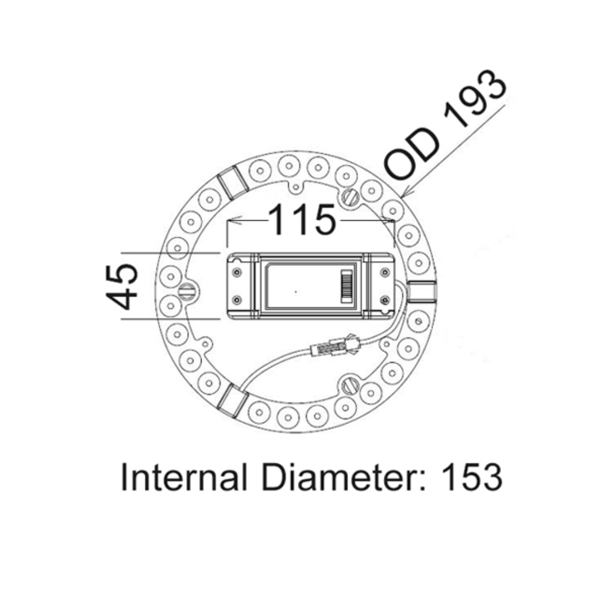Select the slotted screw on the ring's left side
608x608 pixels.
pos(187,291)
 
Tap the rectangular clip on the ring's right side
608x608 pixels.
pos(422,291)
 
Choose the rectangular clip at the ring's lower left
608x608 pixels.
pos(233,400)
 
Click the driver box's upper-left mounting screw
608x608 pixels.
pos(236,272)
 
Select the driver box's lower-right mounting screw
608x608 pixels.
pos(386,299)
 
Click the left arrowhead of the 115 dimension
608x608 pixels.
pos(231,221)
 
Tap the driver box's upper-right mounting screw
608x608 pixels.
pos(386,272)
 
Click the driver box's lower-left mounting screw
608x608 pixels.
pos(236,299)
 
